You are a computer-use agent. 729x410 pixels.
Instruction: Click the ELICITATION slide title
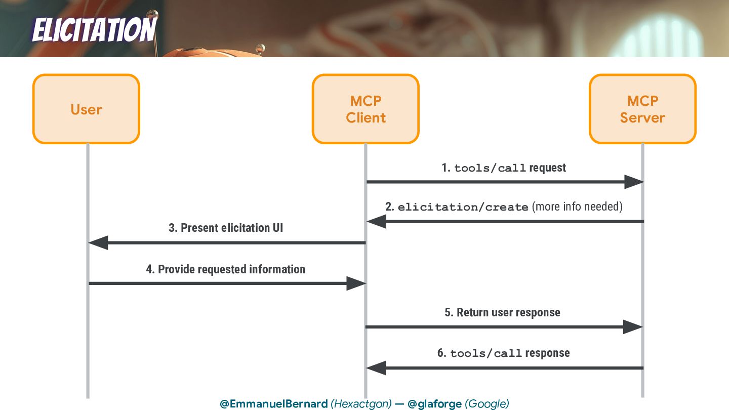94,30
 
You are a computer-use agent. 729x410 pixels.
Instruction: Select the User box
86,109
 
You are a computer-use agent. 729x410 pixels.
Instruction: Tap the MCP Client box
366,109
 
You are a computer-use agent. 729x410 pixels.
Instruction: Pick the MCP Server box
642,109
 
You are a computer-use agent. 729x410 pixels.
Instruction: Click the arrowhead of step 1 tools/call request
633,182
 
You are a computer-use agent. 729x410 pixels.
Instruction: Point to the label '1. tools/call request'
504,168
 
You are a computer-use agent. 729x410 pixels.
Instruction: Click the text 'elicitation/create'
463,207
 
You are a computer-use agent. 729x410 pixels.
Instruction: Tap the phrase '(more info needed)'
577,207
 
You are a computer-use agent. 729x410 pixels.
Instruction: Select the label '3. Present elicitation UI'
226,228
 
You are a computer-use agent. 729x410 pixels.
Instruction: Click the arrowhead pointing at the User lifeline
98,243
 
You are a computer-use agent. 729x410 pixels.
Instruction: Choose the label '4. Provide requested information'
226,269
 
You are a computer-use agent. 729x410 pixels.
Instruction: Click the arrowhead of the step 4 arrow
356,283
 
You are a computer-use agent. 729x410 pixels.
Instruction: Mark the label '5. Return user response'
502,312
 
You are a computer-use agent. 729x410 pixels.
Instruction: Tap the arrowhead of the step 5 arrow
633,327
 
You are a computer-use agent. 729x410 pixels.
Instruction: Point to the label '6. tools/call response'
504,353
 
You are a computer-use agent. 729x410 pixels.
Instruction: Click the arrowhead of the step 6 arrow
376,368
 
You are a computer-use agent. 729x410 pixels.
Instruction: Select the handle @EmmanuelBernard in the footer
273,404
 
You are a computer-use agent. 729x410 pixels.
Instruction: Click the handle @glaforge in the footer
434,404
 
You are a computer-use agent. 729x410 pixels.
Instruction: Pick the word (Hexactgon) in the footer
361,404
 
